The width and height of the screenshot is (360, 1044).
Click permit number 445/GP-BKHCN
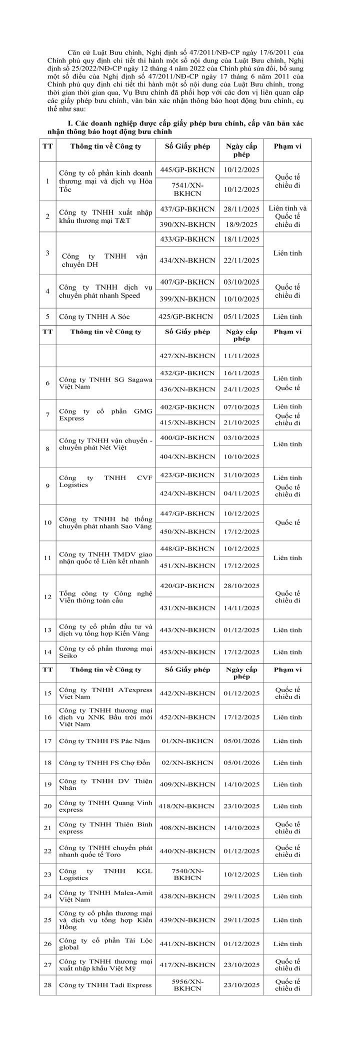click(187, 170)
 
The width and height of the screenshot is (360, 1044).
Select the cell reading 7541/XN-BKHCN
click(187, 189)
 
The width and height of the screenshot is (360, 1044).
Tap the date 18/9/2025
click(242, 224)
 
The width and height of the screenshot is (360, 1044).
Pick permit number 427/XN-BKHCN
click(187, 355)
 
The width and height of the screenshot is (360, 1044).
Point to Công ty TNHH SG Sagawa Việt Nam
click(105, 383)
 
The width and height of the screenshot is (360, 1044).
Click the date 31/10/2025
click(242, 474)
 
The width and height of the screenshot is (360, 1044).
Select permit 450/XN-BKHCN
click(187, 531)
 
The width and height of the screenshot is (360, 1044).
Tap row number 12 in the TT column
click(47, 597)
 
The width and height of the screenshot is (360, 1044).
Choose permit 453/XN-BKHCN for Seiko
click(187, 652)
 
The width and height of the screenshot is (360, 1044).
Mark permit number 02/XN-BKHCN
click(187, 762)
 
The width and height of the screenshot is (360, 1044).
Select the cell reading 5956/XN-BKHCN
click(187, 985)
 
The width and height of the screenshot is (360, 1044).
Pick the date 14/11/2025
click(242, 608)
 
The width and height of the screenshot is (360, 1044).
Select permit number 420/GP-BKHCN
click(187, 585)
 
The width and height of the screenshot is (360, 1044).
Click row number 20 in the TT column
click(47, 806)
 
